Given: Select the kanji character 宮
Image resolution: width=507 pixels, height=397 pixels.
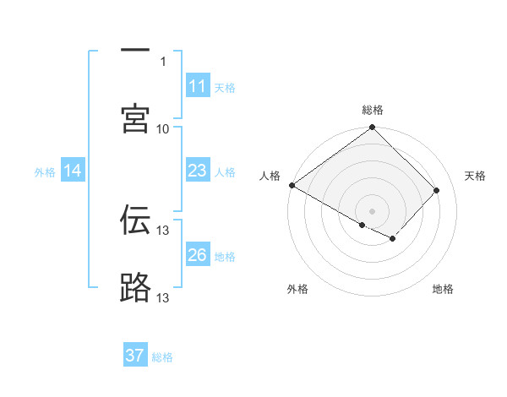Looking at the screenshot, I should coord(135,119).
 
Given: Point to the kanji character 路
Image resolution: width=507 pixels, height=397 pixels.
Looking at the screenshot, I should coord(135,288).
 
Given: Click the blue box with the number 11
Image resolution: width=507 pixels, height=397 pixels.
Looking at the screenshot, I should coord(197,86).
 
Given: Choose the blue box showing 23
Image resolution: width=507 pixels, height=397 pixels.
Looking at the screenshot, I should coord(197,171).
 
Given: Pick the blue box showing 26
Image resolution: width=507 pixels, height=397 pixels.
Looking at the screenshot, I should coord(197,255).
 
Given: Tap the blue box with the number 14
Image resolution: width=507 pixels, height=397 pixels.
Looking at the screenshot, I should coord(73,171).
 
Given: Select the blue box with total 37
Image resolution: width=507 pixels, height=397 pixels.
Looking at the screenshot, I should coord(135,356).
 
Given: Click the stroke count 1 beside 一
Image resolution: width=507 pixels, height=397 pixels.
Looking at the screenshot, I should coord(163,62).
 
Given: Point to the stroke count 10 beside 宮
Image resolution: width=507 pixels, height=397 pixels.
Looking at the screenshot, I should coord(163,129).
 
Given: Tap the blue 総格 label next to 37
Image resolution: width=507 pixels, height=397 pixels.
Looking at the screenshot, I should coord(162,357).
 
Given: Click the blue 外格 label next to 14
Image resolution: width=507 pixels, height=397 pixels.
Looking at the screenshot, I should coord(45,172).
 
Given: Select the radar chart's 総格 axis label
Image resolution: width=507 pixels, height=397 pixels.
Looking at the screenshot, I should coord(373,110).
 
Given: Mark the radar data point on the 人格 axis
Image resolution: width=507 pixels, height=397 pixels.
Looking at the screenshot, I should coord(292,185).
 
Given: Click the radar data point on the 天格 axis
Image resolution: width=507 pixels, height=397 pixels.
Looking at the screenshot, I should coord(437,190).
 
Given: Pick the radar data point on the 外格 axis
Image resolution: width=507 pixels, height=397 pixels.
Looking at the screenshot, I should coord(363,225).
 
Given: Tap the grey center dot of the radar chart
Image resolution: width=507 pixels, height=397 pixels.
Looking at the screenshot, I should coord(373,210).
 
